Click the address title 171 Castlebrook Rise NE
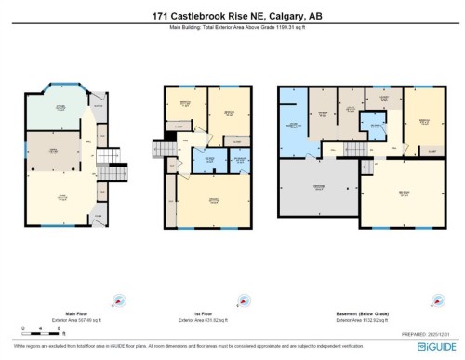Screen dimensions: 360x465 pos(232,15)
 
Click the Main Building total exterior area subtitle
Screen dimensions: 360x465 pos(232,30)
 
